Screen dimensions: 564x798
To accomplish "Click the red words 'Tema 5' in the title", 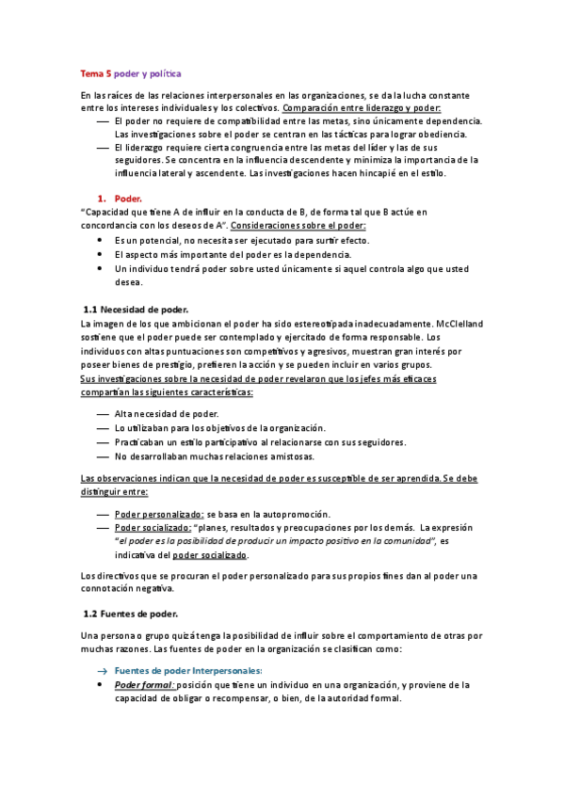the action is (x=95, y=72).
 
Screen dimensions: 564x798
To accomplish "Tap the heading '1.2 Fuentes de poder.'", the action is (x=131, y=614).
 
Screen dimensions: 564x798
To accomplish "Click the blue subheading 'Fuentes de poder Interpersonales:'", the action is (x=175, y=670).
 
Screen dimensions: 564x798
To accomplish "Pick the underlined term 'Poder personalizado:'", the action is (x=159, y=515).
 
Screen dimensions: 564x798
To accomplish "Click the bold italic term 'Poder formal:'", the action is (x=143, y=685).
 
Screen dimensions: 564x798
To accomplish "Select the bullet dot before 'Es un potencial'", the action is (x=103, y=241).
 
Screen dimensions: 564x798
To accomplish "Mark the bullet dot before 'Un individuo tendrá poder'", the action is (x=103, y=268).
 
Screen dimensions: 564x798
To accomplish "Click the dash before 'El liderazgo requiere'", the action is (x=103, y=148).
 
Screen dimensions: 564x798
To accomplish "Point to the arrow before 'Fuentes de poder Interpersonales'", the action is (x=103, y=671).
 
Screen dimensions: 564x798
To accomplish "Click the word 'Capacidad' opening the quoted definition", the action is (x=110, y=213).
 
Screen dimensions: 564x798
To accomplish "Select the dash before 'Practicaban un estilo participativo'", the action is (x=103, y=442).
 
